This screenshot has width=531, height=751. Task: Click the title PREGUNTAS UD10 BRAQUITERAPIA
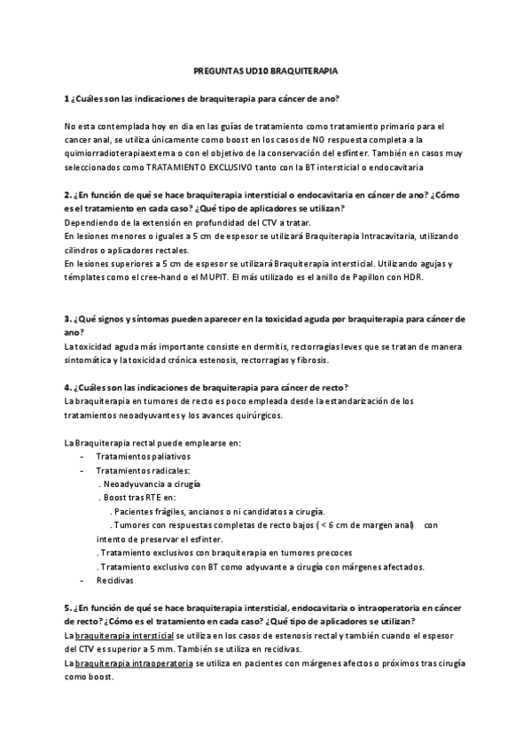pos(265,68)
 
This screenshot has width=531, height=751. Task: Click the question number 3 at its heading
pos(67,318)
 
